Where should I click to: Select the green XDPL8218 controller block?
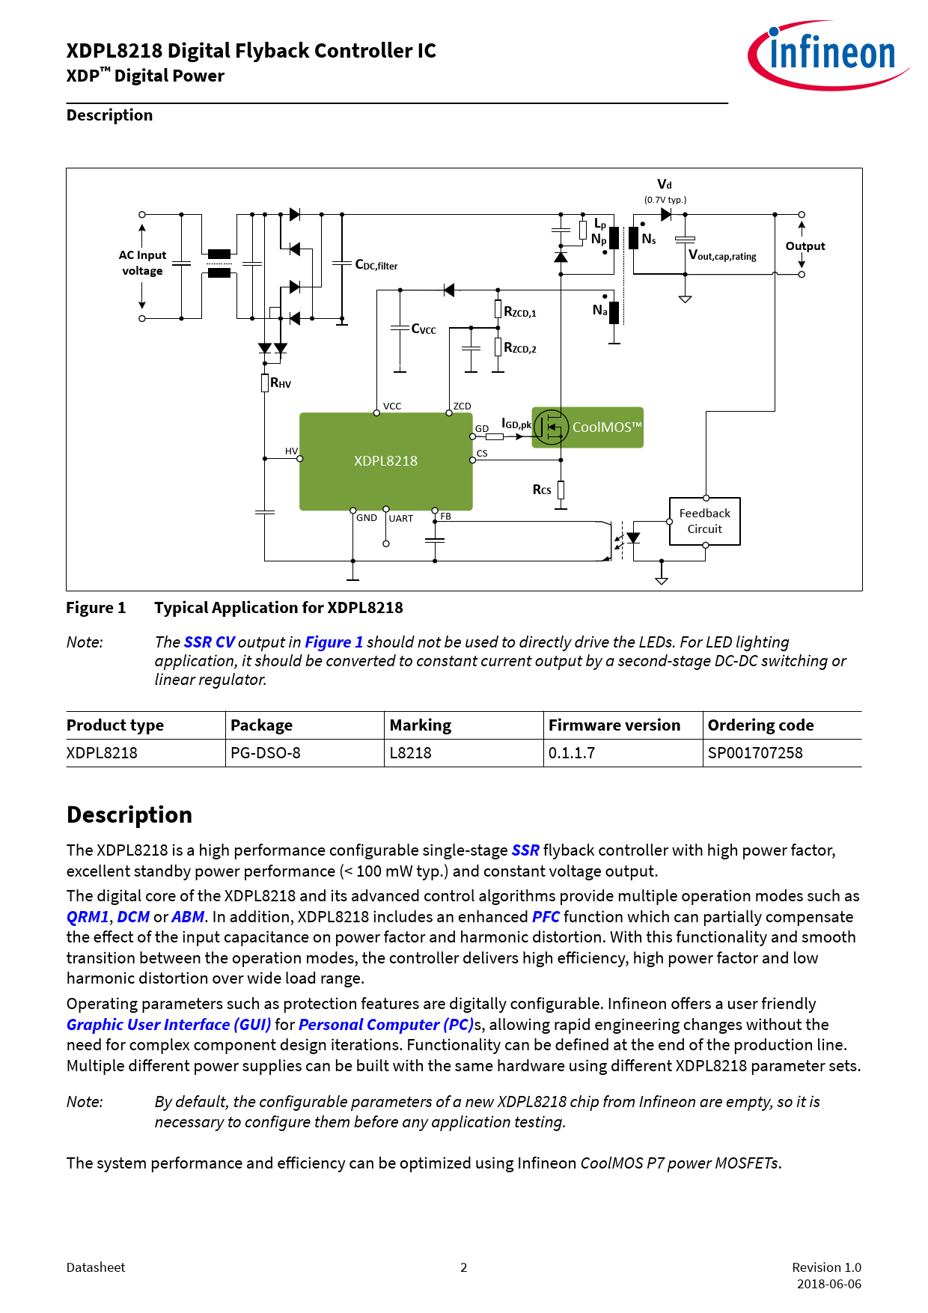click(x=385, y=461)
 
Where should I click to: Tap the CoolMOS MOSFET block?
click(x=587, y=427)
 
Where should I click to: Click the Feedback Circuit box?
click(x=704, y=521)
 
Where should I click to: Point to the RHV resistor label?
click(x=281, y=383)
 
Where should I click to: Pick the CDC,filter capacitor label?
click(x=376, y=265)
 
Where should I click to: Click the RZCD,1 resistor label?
click(x=520, y=312)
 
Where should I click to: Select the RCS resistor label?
click(x=542, y=490)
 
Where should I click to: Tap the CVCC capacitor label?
click(x=424, y=329)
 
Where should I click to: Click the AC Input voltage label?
click(x=142, y=263)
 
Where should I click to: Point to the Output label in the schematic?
click(x=805, y=246)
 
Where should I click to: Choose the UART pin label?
click(x=401, y=519)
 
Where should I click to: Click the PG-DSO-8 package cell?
click(x=266, y=753)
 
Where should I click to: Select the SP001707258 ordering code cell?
click(x=755, y=753)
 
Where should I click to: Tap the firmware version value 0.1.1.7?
click(x=572, y=753)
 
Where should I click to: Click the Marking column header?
click(x=421, y=725)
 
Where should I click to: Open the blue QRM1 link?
click(x=88, y=917)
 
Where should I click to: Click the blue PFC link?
click(x=546, y=917)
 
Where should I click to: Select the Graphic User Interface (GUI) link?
click(x=168, y=1025)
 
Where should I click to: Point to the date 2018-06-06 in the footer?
click(x=828, y=1284)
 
